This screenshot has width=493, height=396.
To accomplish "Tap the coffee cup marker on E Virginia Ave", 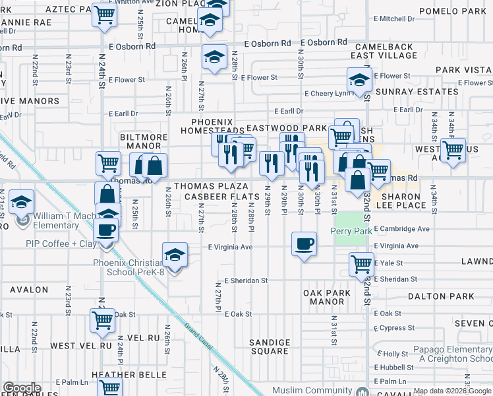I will [304, 244].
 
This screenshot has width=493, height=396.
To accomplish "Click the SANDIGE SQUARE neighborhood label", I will [270, 346].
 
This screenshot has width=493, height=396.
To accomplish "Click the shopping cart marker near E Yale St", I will [361, 265].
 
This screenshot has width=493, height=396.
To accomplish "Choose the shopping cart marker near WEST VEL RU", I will [102, 321].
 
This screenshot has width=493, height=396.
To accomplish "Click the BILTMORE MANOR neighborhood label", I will [140, 141].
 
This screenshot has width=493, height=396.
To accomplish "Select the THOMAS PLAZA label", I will [211, 187].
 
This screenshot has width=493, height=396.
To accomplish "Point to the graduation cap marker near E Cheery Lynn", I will [359, 81].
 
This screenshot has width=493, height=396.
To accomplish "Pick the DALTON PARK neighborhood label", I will [441, 297].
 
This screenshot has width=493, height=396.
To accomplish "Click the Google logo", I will [22, 388].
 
